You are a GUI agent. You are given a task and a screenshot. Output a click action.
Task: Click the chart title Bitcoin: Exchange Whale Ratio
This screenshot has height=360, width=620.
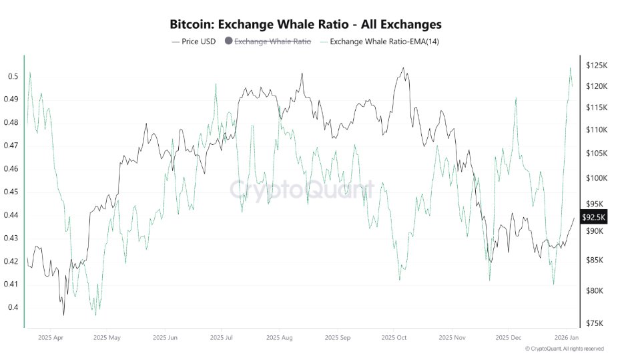coord(306,25)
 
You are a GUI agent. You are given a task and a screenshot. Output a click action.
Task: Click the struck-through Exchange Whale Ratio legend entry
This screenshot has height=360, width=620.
coord(273,41)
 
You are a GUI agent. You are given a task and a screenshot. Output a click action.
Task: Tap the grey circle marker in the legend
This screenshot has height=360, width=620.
coord(228,41)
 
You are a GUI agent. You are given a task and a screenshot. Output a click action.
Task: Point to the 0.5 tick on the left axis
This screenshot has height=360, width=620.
coord(13,76)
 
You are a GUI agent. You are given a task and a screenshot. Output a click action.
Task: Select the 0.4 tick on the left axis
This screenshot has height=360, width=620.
coord(13,307)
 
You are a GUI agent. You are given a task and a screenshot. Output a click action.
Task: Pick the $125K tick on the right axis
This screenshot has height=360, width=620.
coord(596,65)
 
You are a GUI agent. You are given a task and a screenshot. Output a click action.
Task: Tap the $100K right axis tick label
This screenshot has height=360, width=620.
coord(596,178)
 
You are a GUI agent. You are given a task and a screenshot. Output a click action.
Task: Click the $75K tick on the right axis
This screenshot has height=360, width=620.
coord(596,323)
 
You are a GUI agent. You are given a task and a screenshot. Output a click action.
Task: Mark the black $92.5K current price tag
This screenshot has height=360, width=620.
coord(593,217)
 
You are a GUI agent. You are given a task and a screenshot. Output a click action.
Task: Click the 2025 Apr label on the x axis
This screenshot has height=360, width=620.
coord(51,338)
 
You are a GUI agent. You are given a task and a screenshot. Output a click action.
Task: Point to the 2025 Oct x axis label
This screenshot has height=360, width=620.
coord(392,338)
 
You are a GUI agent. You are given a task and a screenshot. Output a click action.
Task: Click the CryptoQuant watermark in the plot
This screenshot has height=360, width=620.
coord(302,190)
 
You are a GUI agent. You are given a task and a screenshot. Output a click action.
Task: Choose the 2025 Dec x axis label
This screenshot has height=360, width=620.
coord(508,338)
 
